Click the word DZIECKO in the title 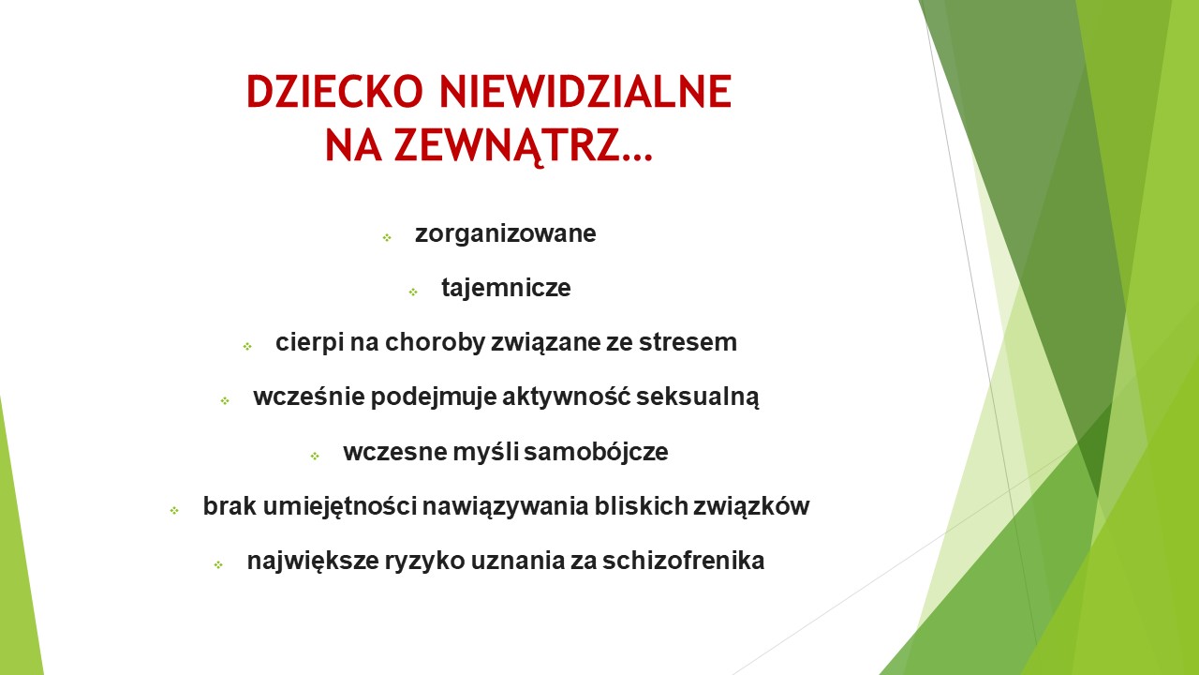click(334, 92)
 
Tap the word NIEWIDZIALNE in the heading click(585, 92)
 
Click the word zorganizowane click(505, 234)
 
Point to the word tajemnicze click(506, 288)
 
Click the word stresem click(688, 342)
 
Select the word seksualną click(698, 397)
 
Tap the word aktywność click(567, 397)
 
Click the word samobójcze click(596, 452)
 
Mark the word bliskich click(641, 506)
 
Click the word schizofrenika click(683, 561)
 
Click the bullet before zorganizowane click(387, 237)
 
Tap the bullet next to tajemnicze click(413, 292)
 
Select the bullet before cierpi click(247, 347)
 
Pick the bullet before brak click(174, 511)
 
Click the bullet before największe click(218, 564)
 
